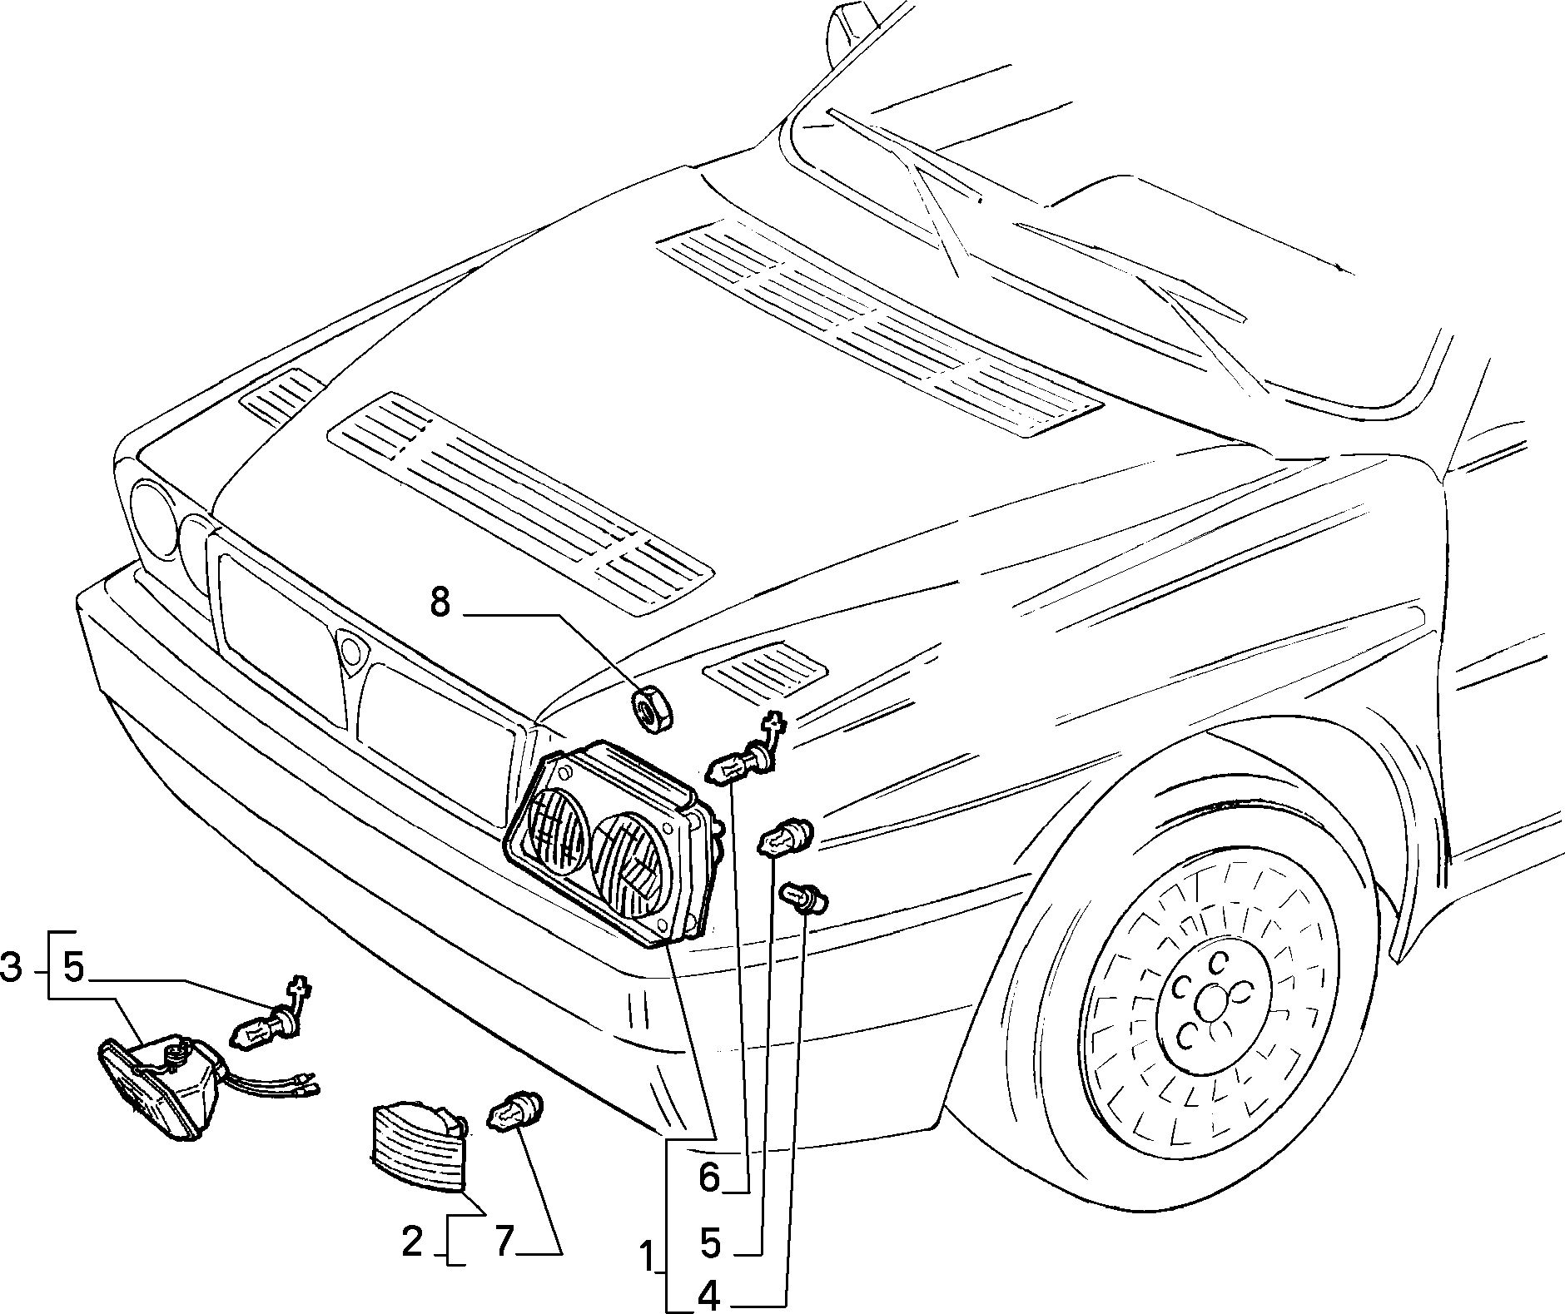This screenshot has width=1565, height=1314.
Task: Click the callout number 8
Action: pos(440,602)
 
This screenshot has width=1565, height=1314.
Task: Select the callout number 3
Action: pos(11,969)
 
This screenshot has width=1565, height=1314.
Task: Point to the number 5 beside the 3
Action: pos(74,969)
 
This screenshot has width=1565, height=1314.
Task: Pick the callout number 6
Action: pos(708,1178)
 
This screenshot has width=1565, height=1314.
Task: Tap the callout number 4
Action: pos(708,1296)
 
